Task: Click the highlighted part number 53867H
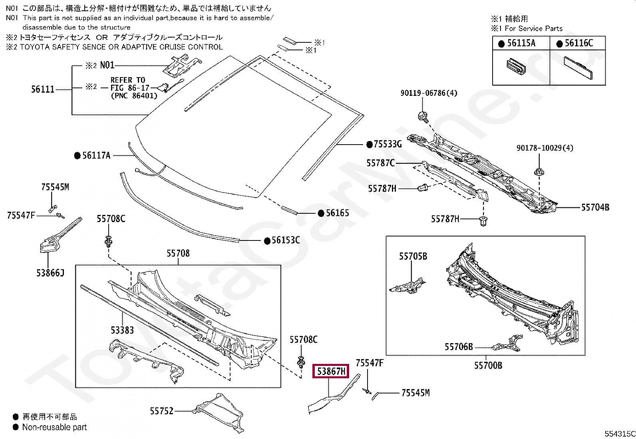pos(331,371)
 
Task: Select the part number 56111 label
pos(43,89)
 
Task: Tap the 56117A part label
pos(96,155)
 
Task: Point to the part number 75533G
pos(387,144)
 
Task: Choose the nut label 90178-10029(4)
pos(545,148)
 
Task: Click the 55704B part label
pos(595,207)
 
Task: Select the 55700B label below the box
pos(488,365)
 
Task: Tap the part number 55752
pos(162,410)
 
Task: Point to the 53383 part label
pos(122,330)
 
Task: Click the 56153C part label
pos(285,240)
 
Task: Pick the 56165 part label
pos(337,213)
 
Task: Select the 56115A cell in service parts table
pos(521,43)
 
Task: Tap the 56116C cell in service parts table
pos(578,43)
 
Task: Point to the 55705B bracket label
pos(413,256)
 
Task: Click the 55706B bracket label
pos(459,347)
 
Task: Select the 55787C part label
pos(381,163)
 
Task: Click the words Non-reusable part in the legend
pos(54,427)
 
